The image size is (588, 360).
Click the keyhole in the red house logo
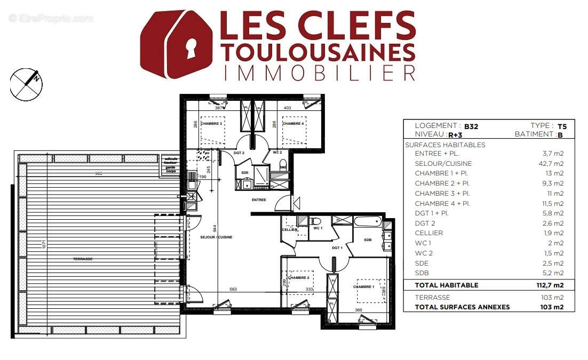point(190,50)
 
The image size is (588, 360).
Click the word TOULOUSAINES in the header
point(318,52)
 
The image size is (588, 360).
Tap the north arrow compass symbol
point(26,84)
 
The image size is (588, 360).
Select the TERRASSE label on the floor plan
point(83,259)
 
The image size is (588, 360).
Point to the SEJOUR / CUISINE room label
point(217,237)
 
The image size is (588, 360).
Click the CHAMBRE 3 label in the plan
point(211,124)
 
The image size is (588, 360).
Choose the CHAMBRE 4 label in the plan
point(293,124)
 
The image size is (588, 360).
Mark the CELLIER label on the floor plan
point(290,230)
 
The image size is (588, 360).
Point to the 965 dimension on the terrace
point(98,174)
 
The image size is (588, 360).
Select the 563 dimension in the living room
point(233,290)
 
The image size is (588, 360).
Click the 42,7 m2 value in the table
point(553,164)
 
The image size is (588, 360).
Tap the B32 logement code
point(471,126)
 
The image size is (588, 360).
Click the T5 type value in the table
point(562,126)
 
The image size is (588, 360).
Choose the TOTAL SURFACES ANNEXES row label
point(462,307)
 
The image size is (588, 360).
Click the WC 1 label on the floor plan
point(318,229)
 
